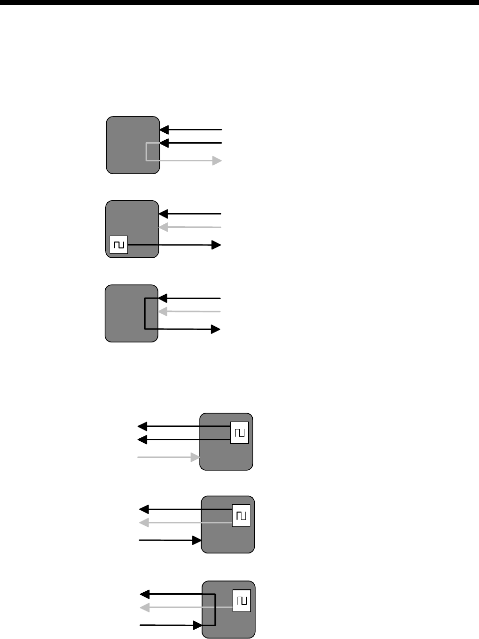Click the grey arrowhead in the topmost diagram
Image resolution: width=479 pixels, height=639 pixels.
tap(217, 160)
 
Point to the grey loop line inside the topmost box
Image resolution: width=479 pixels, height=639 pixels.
tap(147, 152)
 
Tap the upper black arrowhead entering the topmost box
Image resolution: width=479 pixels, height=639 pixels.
tap(165, 130)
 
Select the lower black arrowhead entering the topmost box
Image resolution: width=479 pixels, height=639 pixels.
tap(165, 143)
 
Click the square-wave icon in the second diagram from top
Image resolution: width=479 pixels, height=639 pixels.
tap(119, 244)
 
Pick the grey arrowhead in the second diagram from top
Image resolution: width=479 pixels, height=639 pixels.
tap(164, 227)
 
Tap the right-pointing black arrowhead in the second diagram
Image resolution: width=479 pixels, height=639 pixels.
tap(216, 245)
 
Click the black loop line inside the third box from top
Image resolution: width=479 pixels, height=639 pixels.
tap(145, 314)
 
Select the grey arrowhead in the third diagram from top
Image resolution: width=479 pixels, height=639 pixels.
tap(162, 311)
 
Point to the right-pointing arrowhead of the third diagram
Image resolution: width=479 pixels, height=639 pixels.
tap(215, 329)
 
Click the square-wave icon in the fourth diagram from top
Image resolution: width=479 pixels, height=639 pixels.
tap(239, 433)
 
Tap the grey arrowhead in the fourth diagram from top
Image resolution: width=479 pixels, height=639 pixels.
tap(195, 457)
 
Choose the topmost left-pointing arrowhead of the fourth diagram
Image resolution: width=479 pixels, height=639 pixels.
tap(142, 426)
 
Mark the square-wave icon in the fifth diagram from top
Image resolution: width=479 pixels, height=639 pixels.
tap(241, 516)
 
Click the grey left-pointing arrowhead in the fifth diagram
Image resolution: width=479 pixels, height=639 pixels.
tap(145, 522)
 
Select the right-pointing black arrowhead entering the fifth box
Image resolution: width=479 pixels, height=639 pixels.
tap(197, 541)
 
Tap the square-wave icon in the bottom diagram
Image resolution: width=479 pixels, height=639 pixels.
tap(241, 601)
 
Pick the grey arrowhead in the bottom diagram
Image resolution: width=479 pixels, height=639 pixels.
tap(145, 608)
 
